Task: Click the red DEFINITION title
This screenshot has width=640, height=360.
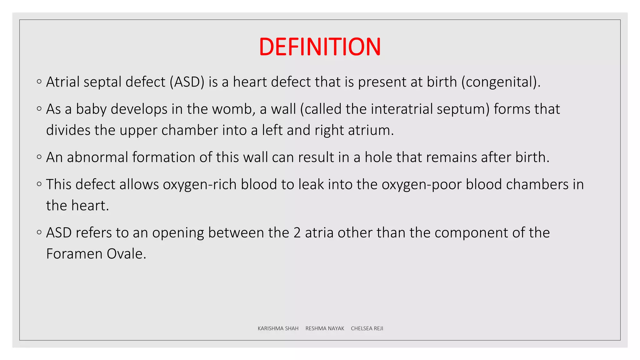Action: (320, 47)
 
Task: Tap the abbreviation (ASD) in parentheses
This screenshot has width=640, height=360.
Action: (187, 82)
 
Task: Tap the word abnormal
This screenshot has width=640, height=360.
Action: (97, 157)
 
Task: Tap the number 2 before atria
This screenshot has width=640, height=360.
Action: (297, 233)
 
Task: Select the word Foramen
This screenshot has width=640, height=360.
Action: (74, 254)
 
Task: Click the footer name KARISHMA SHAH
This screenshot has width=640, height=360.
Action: (278, 328)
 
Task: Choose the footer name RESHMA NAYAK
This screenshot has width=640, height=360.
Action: (325, 328)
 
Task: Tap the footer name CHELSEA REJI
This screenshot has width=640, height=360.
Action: (367, 328)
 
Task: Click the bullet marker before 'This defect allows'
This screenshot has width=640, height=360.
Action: (39, 184)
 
